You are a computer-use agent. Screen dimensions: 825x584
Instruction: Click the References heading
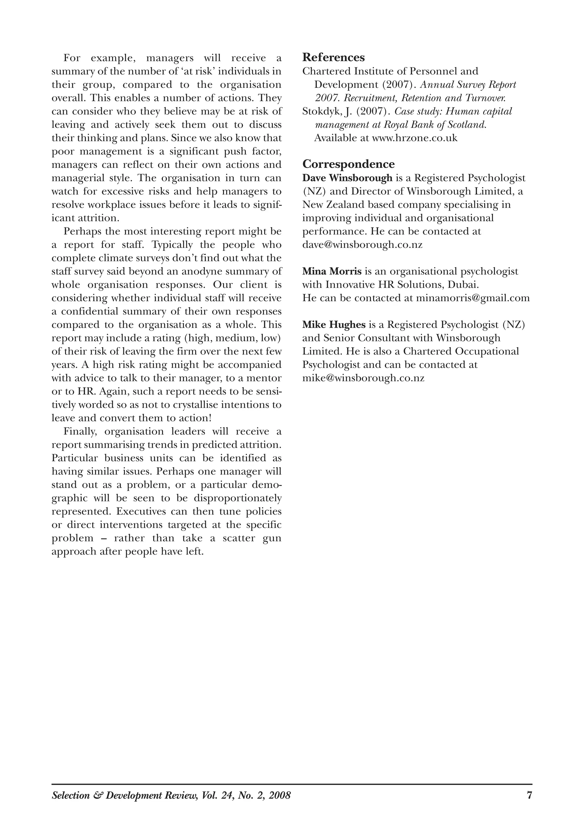333,57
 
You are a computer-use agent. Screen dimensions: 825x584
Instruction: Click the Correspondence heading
348,164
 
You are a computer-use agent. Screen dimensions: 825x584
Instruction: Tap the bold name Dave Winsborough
347,178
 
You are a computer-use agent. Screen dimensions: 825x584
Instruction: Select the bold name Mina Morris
332,271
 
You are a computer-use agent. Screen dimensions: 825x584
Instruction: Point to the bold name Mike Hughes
333,325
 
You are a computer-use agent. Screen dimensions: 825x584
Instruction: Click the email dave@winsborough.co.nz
362,245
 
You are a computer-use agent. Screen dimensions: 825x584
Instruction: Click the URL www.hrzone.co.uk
415,138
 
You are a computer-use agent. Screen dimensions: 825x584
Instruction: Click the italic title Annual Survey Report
468,85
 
